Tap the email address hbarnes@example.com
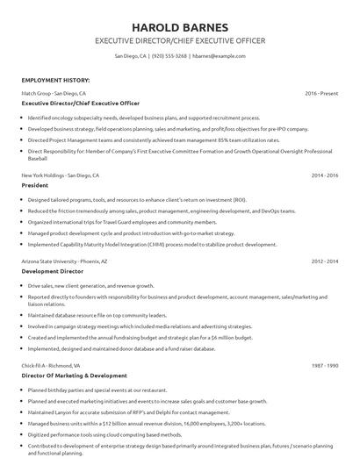click(x=215, y=55)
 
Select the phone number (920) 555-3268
click(x=169, y=55)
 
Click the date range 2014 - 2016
click(x=324, y=175)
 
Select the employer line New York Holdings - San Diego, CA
click(x=60, y=175)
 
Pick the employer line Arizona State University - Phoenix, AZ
click(x=67, y=261)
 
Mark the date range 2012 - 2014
click(x=324, y=261)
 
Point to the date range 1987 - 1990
click(x=324, y=364)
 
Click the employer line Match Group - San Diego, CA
click(x=54, y=92)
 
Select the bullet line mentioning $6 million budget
click(x=140, y=337)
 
